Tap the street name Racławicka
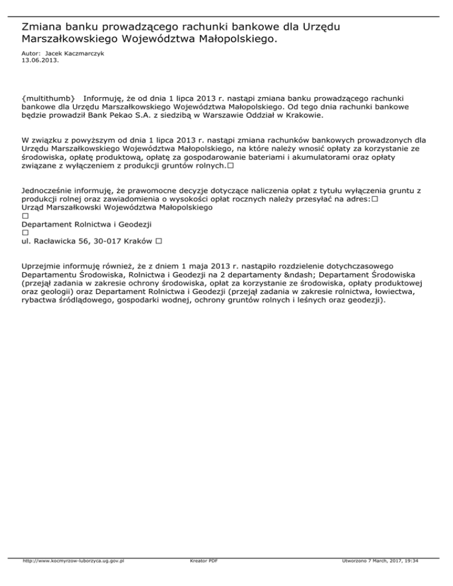pyautogui.click(x=62, y=242)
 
